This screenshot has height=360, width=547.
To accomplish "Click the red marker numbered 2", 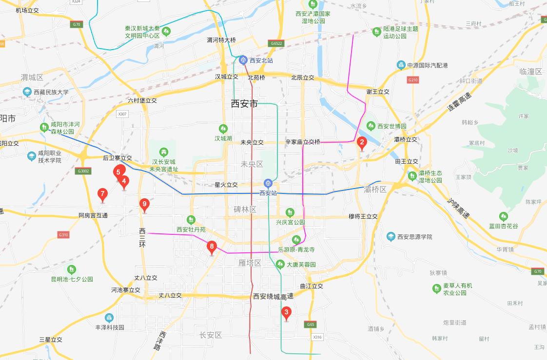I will [x=361, y=143].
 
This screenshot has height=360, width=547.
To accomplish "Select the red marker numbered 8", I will [x=211, y=246].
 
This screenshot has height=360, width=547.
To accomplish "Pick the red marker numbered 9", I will [x=144, y=204].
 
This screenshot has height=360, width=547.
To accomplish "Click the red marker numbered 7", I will [x=102, y=194].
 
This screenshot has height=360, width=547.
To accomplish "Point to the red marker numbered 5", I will [x=118, y=171].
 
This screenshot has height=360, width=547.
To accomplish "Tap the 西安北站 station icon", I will [x=243, y=60].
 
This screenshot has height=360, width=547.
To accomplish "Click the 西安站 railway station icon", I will [x=267, y=183].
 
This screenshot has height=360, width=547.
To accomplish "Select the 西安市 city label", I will [x=244, y=104].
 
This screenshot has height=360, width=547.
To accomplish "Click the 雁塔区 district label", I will [x=250, y=263].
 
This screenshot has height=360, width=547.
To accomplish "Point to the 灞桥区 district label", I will [x=375, y=189].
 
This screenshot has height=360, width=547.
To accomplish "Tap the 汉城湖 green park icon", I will [x=223, y=129].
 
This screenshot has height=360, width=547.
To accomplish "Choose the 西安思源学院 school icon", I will [x=391, y=237].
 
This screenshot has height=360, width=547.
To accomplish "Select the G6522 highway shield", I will [x=275, y=43].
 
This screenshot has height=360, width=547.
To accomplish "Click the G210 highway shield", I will [x=412, y=79].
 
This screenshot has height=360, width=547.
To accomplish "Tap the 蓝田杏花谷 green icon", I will [x=504, y=216].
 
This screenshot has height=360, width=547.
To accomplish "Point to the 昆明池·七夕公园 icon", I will [x=72, y=269].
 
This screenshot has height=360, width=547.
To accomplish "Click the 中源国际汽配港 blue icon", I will [x=401, y=65].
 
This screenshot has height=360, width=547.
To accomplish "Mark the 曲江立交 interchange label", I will [x=312, y=286].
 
